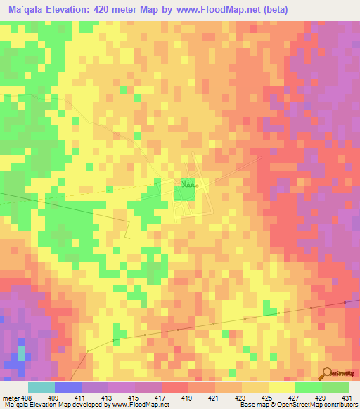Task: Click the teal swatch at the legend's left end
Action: click(41, 387)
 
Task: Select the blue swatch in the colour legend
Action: click(68, 387)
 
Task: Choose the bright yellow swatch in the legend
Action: click(281, 387)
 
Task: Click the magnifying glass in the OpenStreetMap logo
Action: click(326, 373)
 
